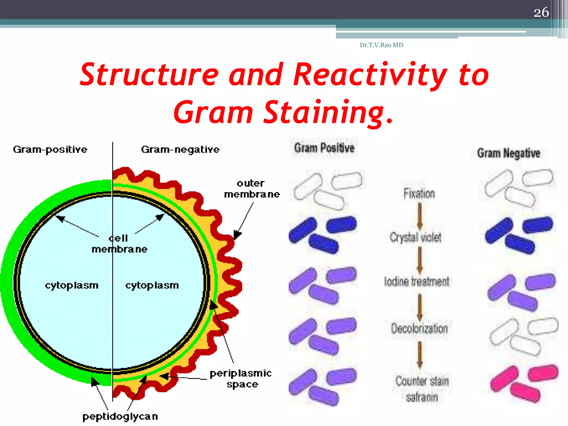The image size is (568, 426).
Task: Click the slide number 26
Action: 541,12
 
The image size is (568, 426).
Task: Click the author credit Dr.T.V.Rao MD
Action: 381,45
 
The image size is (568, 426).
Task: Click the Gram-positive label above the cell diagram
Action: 50,150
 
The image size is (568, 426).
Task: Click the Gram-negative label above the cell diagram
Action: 180,150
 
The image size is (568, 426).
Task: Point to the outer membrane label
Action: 252,189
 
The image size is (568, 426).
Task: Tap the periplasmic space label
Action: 241,379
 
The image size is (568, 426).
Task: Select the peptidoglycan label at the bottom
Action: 120,416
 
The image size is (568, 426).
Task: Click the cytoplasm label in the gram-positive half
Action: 72,285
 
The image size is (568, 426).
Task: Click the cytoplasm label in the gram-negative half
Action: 152,285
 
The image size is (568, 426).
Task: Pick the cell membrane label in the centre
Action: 120,244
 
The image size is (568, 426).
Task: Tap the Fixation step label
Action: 419,194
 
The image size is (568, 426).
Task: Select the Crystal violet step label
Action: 415,237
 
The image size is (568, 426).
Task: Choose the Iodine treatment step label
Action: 416,282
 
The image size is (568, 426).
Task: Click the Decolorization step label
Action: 419,329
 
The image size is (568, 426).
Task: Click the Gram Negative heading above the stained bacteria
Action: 508,153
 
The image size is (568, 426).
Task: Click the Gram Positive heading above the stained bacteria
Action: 324,148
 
